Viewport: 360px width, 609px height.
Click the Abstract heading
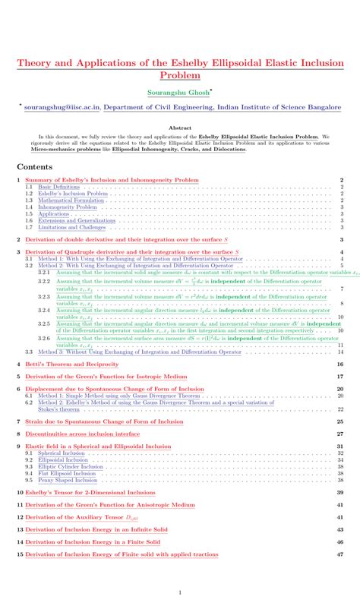coord(180,128)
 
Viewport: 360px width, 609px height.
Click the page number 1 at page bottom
coord(180,592)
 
